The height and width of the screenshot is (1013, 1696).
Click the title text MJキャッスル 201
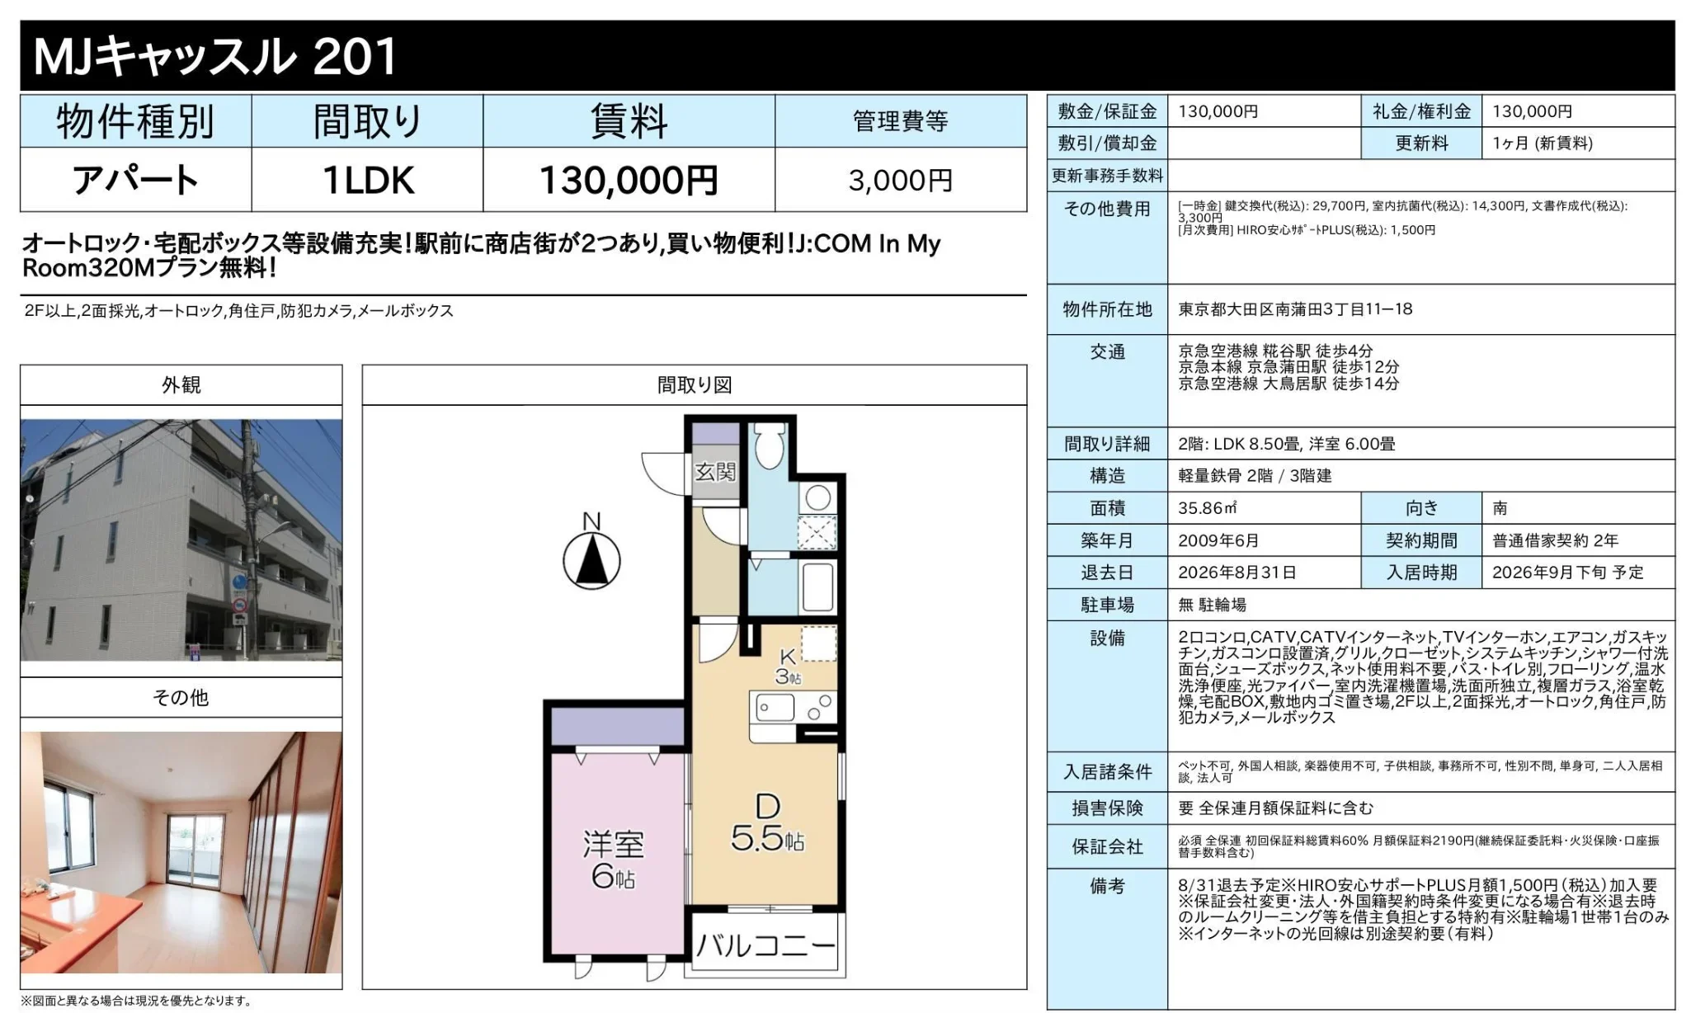[215, 56]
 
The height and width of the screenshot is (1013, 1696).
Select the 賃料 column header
[629, 121]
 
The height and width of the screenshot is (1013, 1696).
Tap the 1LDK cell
[368, 180]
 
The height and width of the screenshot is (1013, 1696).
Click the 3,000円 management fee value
[900, 180]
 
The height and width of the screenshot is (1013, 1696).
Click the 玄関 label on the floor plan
[714, 471]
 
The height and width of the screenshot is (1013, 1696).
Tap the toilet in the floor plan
[770, 446]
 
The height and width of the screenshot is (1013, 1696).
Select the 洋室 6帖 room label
[613, 860]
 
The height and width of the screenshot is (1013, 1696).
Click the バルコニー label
[766, 945]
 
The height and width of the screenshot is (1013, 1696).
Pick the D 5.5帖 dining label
[767, 822]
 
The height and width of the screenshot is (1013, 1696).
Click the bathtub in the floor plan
[817, 587]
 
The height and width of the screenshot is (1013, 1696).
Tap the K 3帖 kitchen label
[788, 667]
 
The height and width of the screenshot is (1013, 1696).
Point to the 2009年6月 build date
[1218, 540]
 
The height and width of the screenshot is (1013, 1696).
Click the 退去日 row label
[1107, 572]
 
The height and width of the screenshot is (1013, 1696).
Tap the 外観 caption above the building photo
[181, 384]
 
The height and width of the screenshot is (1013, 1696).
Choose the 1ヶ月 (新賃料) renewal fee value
[1543, 143]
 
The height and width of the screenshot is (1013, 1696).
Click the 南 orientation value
[1500, 508]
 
